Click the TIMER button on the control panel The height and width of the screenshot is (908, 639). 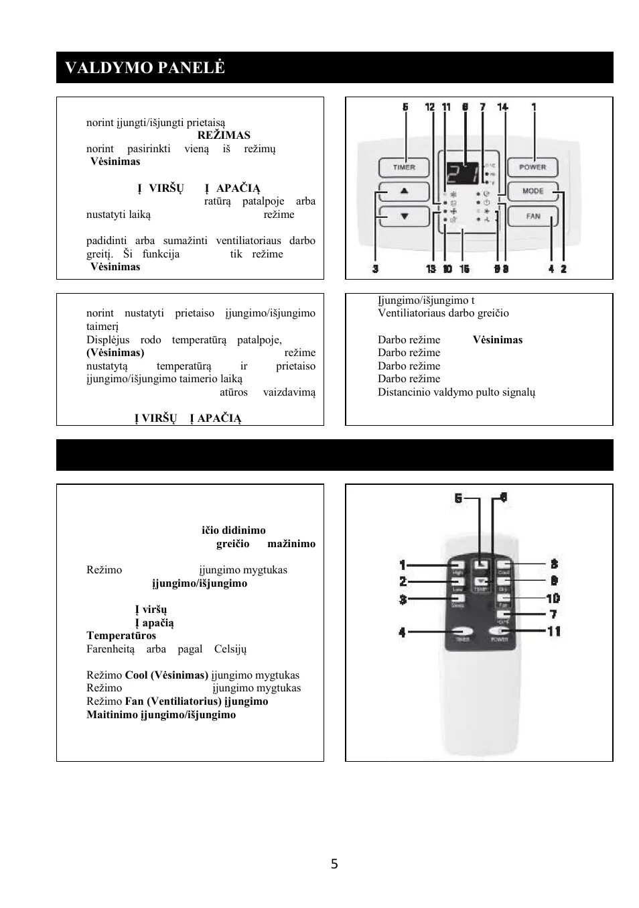pyautogui.click(x=404, y=167)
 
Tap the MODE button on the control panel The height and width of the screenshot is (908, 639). pyautogui.click(x=532, y=191)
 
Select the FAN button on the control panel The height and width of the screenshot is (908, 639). pyautogui.click(x=532, y=216)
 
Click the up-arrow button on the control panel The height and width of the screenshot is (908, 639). pyautogui.click(x=404, y=191)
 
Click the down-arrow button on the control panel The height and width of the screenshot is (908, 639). pyautogui.click(x=404, y=216)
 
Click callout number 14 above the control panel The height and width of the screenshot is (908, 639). pyautogui.click(x=502, y=107)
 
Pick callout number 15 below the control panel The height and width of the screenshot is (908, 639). pyautogui.click(x=464, y=269)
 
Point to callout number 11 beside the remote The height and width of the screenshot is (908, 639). pyautogui.click(x=554, y=631)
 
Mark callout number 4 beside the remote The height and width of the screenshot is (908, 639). pyautogui.click(x=402, y=632)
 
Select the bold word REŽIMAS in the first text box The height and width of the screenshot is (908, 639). pyautogui.click(x=224, y=135)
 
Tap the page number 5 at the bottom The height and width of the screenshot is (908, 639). pyautogui.click(x=334, y=864)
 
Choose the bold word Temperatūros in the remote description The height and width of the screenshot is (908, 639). pyautogui.click(x=121, y=636)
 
